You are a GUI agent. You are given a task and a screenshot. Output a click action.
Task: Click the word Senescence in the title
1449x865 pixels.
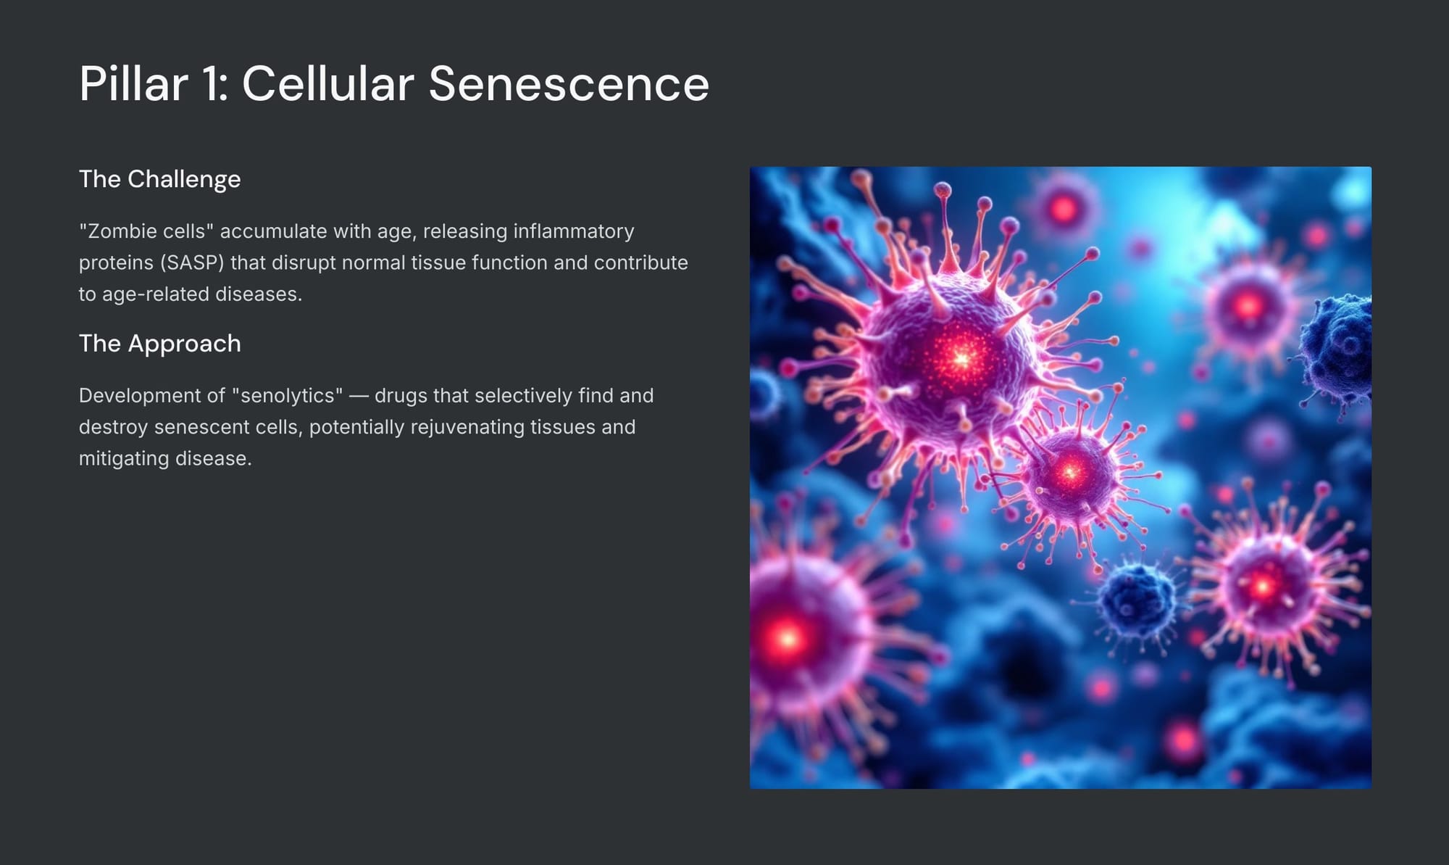pyautogui.click(x=569, y=83)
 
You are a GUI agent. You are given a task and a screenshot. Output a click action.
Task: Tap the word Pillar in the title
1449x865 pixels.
pyautogui.click(x=134, y=83)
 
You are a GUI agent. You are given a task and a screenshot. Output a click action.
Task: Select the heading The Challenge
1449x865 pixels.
pyautogui.click(x=159, y=179)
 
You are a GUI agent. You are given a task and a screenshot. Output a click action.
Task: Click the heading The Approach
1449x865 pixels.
pyautogui.click(x=159, y=344)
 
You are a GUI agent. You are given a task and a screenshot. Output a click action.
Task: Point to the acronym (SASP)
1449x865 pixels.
pyautogui.click(x=192, y=262)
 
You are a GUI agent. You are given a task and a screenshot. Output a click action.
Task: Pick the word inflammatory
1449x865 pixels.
pyautogui.click(x=574, y=231)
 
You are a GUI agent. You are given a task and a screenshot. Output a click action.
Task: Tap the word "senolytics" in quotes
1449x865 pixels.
pyautogui.click(x=288, y=396)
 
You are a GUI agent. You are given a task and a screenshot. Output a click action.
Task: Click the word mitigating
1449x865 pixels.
pyautogui.click(x=124, y=458)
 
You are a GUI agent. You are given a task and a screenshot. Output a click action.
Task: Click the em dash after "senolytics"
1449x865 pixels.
pyautogui.click(x=359, y=397)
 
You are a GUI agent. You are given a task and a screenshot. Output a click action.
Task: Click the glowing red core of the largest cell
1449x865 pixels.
pyautogui.click(x=961, y=357)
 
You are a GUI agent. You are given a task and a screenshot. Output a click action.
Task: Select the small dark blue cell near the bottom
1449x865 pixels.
pyautogui.click(x=1135, y=598)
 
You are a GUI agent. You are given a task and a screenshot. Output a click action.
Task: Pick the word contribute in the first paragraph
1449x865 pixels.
pyautogui.click(x=640, y=262)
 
